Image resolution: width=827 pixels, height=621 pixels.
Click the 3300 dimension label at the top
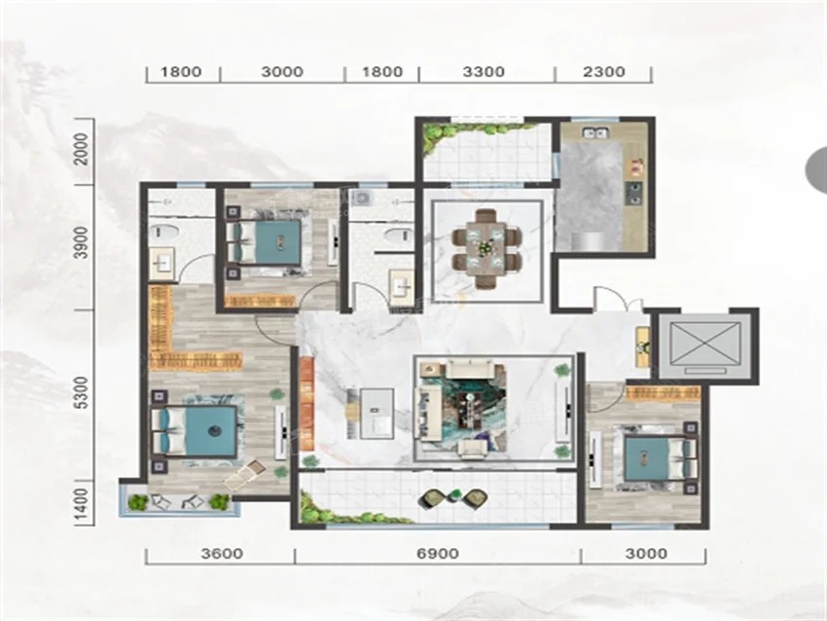484,72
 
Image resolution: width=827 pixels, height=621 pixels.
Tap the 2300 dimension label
604,72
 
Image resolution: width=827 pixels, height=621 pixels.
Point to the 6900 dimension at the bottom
438,554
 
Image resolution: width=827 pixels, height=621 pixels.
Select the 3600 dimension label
222,554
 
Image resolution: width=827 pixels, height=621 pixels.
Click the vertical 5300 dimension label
82,393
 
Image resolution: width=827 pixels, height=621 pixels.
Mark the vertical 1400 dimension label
82,503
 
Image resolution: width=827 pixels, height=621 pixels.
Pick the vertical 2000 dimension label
82,149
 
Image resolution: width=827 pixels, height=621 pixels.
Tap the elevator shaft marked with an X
704,347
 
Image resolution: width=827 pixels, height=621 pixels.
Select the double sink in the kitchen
595,132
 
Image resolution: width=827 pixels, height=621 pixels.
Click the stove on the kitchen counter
633,193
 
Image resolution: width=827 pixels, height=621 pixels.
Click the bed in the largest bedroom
195,431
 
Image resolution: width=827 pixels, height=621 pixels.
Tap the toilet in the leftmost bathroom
162,233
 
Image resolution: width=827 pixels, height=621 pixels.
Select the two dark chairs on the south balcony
454,498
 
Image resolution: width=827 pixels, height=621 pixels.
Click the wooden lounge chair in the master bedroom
244,475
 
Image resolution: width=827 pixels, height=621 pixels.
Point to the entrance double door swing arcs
618,298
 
